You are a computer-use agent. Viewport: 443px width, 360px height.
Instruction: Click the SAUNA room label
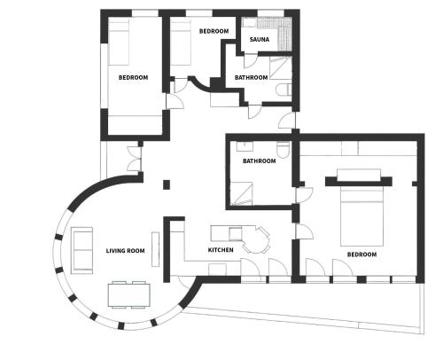pyautogui.click(x=260, y=39)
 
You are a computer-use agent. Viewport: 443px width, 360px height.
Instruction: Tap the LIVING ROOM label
pyautogui.click(x=125, y=251)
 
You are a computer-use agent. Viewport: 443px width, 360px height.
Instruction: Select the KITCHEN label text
pyautogui.click(x=221, y=250)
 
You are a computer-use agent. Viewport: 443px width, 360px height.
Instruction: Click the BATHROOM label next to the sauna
pyautogui.click(x=251, y=77)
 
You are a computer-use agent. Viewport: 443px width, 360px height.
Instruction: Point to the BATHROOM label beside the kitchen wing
pyautogui.click(x=260, y=161)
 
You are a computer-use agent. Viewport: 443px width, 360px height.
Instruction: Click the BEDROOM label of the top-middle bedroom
pyautogui.click(x=214, y=31)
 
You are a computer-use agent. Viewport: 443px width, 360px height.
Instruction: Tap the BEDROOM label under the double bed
pyautogui.click(x=361, y=254)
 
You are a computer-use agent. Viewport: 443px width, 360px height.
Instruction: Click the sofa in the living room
pyautogui.click(x=82, y=250)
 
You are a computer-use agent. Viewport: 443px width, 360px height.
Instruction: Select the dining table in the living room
pyautogui.click(x=128, y=294)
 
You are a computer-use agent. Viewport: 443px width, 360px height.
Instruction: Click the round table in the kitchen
pyautogui.click(x=255, y=240)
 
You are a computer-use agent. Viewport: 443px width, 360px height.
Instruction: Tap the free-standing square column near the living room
pyautogui.click(x=167, y=184)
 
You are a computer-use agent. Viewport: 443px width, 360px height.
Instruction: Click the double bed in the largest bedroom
pyautogui.click(x=361, y=216)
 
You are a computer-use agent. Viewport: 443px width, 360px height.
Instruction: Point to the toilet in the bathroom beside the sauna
pyautogui.click(x=284, y=90)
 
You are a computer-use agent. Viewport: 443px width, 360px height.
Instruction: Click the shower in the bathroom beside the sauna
pyautogui.click(x=281, y=68)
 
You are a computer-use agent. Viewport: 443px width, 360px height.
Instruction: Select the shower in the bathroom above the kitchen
pyautogui.click(x=241, y=193)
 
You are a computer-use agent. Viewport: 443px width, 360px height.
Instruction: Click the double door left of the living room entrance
pyautogui.click(x=135, y=159)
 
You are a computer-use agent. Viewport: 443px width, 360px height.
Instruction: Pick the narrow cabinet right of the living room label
pyautogui.click(x=156, y=249)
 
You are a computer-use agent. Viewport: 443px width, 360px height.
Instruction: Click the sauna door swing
pyautogui.click(x=248, y=60)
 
